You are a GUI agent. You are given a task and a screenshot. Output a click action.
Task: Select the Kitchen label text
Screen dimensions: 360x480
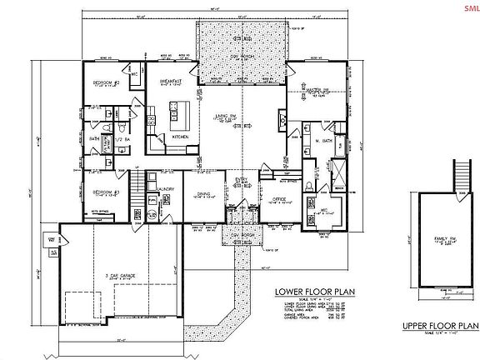[x=180, y=136]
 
